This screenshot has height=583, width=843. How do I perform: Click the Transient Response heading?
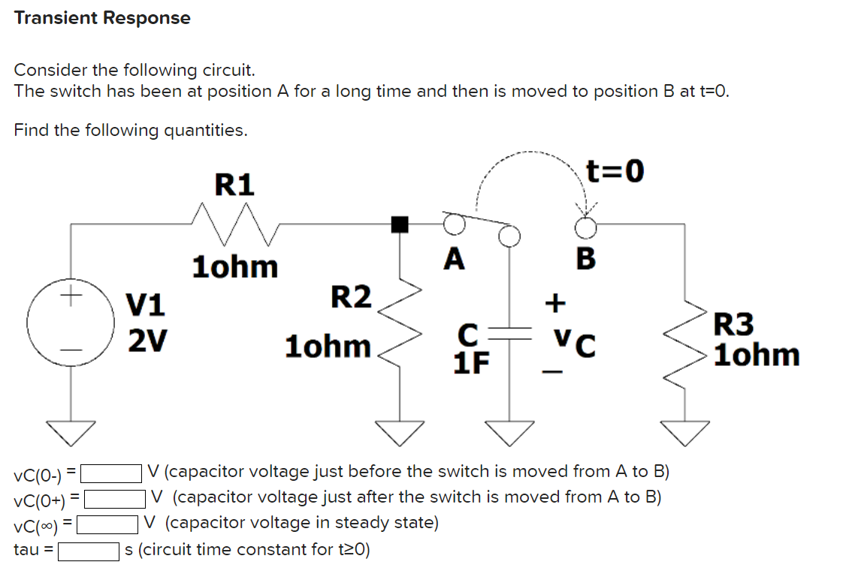pos(102,18)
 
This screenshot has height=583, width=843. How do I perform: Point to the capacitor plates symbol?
pos(510,331)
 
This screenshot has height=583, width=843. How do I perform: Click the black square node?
pos(400,223)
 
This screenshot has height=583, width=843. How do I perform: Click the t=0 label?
pos(615,172)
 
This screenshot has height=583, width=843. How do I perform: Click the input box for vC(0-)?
pos(112,473)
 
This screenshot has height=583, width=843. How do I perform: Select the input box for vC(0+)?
pos(115,499)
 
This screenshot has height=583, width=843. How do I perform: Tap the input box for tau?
pos(89,551)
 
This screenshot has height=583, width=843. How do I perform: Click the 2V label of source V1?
pos(147,341)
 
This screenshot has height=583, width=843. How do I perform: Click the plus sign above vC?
pos(554,303)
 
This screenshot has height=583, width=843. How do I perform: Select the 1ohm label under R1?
pos(235,267)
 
